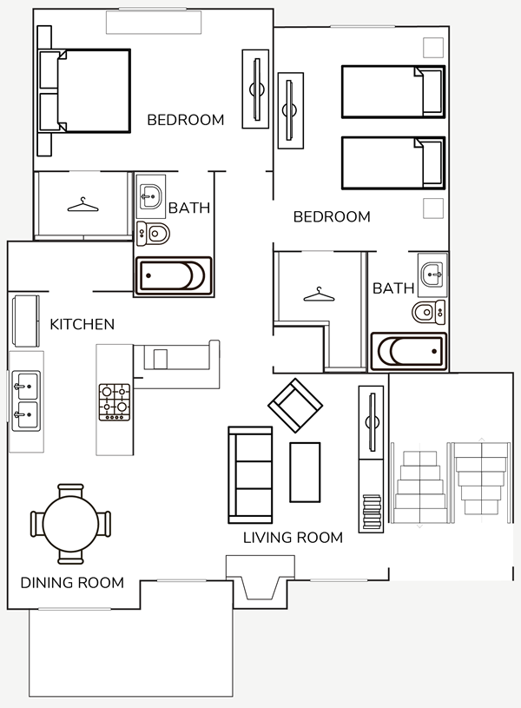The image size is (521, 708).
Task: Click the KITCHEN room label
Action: click(x=82, y=324)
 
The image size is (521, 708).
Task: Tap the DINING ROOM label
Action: click(x=72, y=583)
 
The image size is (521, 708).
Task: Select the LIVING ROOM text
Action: click(x=293, y=538)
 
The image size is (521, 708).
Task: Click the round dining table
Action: click(x=70, y=524)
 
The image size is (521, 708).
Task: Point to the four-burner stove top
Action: click(x=115, y=402)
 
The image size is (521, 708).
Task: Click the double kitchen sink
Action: click(x=26, y=401)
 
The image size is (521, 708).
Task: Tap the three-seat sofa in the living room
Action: click(x=251, y=475)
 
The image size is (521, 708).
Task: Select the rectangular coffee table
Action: click(x=305, y=473)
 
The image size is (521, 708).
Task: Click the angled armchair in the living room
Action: click(x=295, y=405)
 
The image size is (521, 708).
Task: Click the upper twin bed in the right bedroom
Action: click(x=393, y=92)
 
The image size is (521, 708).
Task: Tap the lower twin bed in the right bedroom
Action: click(x=393, y=162)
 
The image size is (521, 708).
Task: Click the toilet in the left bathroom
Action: click(x=154, y=234)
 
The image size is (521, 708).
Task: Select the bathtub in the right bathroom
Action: click(x=409, y=351)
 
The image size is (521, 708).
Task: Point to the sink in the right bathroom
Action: click(x=432, y=275)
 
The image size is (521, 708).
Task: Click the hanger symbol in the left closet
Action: click(x=82, y=205)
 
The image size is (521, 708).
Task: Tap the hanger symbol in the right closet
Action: click(x=320, y=294)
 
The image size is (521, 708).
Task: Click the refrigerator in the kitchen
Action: click(x=25, y=321)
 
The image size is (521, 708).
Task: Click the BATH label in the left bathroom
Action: click(x=189, y=208)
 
